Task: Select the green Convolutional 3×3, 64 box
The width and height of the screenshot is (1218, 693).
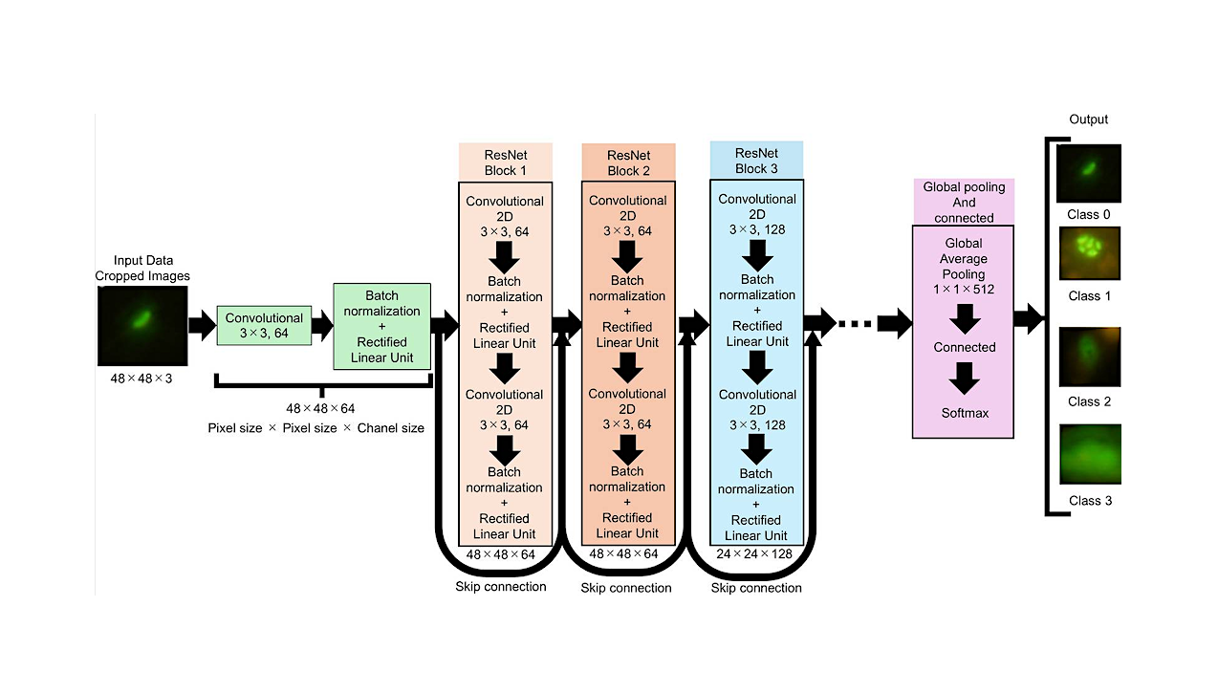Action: click(264, 326)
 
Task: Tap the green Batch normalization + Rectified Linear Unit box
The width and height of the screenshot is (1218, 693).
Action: click(381, 326)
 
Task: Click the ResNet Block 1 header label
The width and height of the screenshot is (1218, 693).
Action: click(505, 162)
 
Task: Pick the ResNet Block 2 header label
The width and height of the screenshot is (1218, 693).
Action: click(628, 162)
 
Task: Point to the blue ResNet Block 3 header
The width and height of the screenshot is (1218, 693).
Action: click(756, 161)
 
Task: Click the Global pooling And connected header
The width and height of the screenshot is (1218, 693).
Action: click(963, 202)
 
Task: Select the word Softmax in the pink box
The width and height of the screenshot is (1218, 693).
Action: click(964, 413)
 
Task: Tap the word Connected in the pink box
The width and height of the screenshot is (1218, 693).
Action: click(965, 347)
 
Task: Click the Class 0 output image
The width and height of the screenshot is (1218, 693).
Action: click(1088, 173)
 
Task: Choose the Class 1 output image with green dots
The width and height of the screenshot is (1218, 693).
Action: click(1088, 254)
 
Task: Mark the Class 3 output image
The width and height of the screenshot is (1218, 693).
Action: click(1088, 456)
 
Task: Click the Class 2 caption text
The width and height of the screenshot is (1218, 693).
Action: click(1089, 401)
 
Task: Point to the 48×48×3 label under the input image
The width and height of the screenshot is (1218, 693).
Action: click(141, 379)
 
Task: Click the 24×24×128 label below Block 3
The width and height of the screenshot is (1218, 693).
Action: click(755, 553)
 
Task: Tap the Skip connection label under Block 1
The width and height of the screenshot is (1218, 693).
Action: click(501, 586)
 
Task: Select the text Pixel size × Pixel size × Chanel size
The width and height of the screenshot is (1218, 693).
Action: click(315, 428)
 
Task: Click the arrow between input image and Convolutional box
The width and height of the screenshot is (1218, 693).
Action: click(202, 326)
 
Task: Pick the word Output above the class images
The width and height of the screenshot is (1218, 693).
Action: click(1088, 119)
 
